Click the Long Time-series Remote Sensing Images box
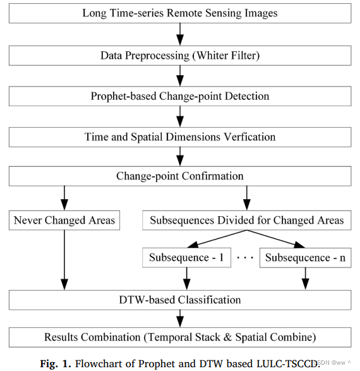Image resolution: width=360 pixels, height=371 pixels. coord(180,13)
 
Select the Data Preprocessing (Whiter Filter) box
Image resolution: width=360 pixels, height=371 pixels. coord(180,55)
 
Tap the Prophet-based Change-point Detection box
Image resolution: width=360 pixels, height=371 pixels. coord(180,96)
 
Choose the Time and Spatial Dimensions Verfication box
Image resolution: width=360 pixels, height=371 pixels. coord(180,137)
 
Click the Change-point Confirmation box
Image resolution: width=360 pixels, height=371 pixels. coord(180,176)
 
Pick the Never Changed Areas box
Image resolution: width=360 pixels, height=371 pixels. coord(63,221)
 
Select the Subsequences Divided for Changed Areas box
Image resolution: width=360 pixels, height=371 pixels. coord(247,221)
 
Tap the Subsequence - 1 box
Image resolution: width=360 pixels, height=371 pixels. coord(186,258)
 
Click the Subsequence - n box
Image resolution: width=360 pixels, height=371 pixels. coord(306,258)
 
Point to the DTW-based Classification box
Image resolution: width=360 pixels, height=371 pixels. coord(180,299)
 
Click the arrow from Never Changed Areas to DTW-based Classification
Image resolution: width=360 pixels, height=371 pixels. coord(63,259)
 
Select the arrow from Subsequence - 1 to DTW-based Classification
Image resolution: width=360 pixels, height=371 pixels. coord(186,277)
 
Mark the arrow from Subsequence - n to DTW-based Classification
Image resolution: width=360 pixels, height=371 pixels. coord(306,277)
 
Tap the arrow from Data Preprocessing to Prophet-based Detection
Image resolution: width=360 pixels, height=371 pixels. coord(180,75)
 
